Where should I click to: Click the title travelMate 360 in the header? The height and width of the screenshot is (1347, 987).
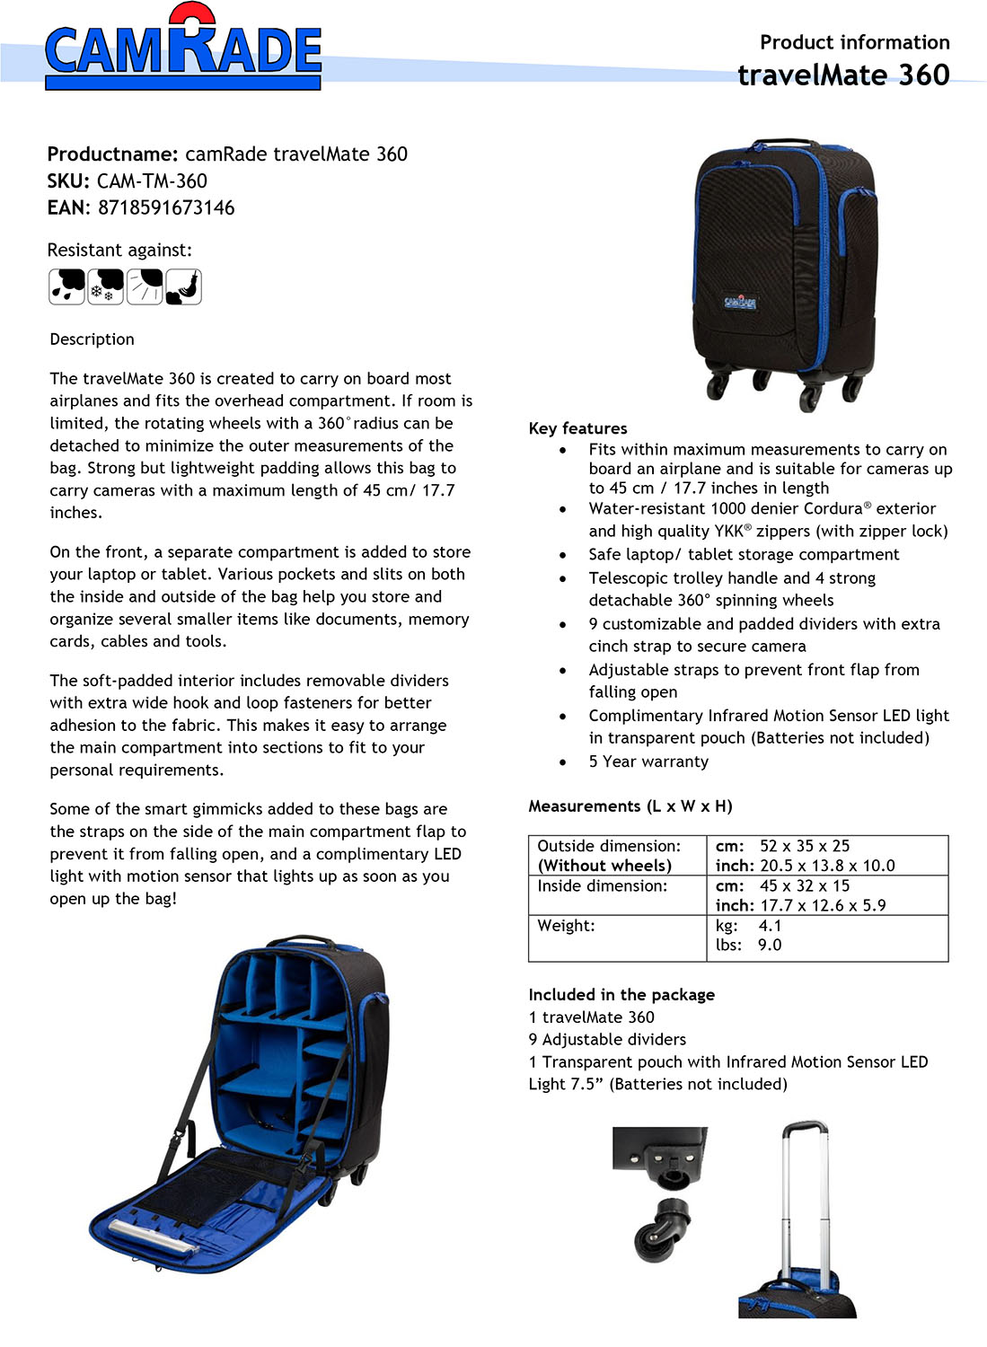click(843, 75)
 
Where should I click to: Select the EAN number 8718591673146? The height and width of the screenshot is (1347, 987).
click(166, 208)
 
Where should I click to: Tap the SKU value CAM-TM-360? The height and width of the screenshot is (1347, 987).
click(152, 181)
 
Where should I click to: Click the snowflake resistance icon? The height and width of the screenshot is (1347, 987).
click(106, 287)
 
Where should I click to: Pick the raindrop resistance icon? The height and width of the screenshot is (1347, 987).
click(66, 287)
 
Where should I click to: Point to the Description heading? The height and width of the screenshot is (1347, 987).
click(92, 339)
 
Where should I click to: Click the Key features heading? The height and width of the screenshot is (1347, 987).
click(577, 428)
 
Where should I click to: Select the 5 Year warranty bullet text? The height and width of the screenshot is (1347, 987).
click(648, 762)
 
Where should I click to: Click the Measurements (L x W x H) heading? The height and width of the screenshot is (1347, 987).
click(630, 806)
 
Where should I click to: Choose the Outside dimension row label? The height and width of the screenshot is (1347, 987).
click(609, 846)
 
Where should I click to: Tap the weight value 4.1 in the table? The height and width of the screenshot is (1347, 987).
click(770, 926)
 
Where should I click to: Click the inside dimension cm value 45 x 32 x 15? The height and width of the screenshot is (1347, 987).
click(804, 886)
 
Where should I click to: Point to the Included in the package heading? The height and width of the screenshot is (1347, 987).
click(621, 995)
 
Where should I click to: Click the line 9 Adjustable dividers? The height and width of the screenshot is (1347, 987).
click(607, 1040)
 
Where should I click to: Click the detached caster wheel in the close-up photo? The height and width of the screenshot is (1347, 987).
click(664, 1229)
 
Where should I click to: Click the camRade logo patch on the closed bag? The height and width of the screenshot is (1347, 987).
click(740, 302)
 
